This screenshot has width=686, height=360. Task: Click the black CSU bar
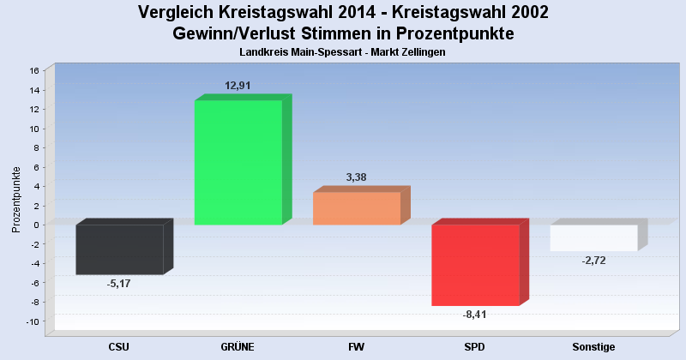120,249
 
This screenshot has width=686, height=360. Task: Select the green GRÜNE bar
238,163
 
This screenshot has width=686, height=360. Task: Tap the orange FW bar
357,208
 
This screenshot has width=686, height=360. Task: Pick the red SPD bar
475,265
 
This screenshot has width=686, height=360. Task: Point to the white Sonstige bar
593,237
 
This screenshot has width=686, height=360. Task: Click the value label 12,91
238,86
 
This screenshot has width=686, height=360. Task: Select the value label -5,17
119,284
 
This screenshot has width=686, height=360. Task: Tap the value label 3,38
357,177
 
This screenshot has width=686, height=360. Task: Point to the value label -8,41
474,315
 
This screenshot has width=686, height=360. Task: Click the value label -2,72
593,261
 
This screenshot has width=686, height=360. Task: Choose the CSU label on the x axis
119,347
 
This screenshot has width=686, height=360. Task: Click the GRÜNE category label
238,347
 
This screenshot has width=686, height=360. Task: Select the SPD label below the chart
474,347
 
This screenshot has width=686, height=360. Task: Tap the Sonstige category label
593,347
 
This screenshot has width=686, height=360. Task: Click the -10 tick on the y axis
32,322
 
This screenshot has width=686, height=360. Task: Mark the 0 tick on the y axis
36,225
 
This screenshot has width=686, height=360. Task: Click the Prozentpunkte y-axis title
16,200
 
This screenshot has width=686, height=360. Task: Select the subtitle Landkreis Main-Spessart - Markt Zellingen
343,52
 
